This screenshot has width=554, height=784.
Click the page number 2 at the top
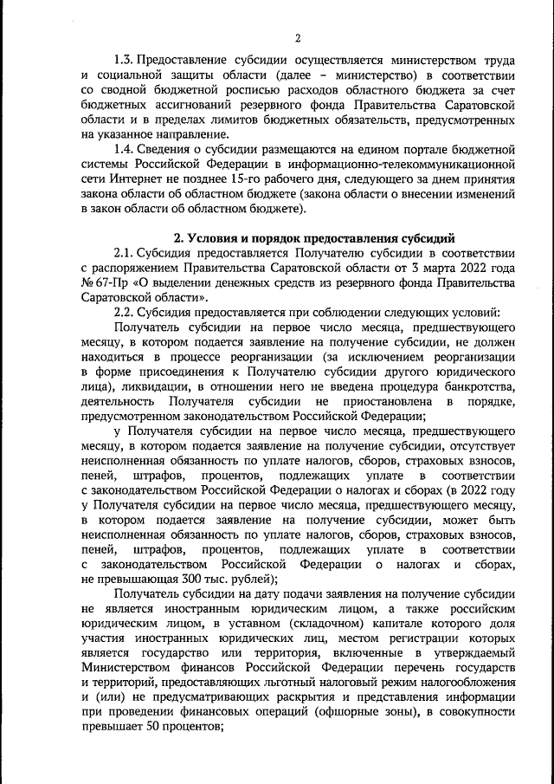coord(297,37)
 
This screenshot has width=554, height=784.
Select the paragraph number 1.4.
coord(124,148)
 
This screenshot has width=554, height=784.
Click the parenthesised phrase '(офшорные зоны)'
coord(384,712)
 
